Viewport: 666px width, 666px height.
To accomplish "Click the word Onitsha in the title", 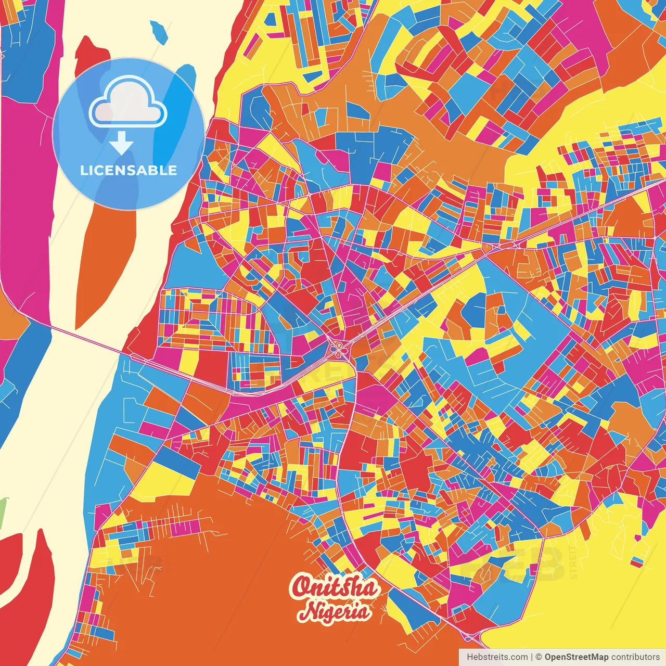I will [335, 587].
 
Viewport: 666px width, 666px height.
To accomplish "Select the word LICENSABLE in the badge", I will [129, 170].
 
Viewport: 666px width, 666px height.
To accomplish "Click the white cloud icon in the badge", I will [127, 101].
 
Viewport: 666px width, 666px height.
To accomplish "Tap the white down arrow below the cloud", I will [122, 143].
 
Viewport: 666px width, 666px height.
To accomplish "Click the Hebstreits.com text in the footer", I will [497, 657].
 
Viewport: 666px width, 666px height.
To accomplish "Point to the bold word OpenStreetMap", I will [577, 657].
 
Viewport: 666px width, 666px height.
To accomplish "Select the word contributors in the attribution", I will [635, 657].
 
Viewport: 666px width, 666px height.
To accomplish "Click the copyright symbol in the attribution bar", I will [539, 657].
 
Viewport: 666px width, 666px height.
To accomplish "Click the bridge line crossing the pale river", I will [88, 341].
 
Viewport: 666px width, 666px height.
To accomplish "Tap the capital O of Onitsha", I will [300, 587].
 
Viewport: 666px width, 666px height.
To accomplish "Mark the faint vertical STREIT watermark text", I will [573, 562].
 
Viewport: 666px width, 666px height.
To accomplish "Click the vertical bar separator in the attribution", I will [531, 657].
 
